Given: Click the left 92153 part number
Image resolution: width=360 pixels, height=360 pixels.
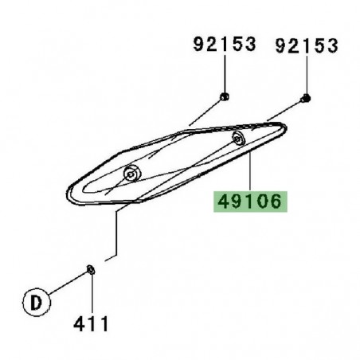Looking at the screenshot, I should [x=225, y=45].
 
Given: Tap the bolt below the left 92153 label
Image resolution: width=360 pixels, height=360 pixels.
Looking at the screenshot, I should [x=225, y=96].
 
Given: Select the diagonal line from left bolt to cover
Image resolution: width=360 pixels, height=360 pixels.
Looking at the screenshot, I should [x=203, y=113].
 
